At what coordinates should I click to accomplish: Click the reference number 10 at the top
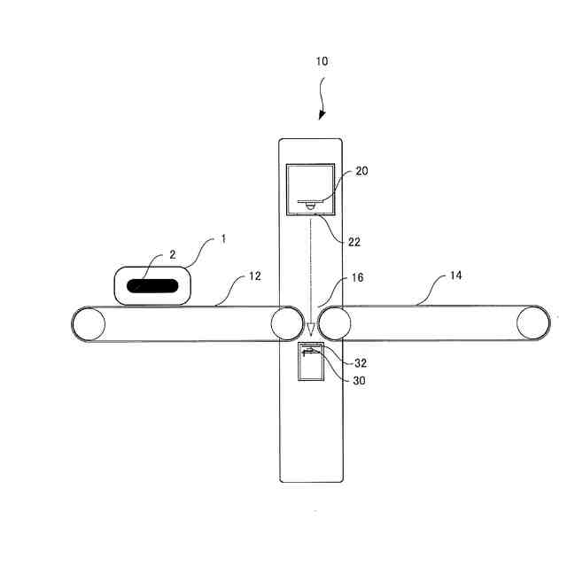click(x=321, y=61)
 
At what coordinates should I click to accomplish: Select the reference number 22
click(x=354, y=241)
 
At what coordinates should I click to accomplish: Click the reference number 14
click(x=455, y=276)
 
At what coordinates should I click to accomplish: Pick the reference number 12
click(x=254, y=277)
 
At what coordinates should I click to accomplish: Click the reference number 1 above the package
click(x=224, y=239)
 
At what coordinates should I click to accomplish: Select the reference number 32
click(x=361, y=362)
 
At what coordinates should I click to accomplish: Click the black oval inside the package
click(x=152, y=286)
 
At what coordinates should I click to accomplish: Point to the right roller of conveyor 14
click(x=533, y=322)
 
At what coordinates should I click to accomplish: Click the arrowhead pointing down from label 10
click(x=322, y=116)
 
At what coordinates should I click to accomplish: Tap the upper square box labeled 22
click(x=310, y=190)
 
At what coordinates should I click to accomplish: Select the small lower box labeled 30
click(x=311, y=363)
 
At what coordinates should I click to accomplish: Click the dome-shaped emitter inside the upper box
click(x=310, y=205)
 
